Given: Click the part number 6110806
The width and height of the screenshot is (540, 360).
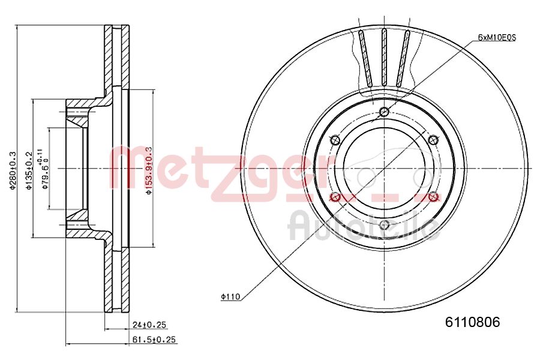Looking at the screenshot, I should click(x=472, y=322).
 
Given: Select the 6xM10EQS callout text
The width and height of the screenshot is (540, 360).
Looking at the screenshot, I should click(x=497, y=37).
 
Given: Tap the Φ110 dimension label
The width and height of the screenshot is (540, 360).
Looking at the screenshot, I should click(x=230, y=296).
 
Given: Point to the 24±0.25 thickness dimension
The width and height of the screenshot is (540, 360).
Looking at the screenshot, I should click(x=149, y=325).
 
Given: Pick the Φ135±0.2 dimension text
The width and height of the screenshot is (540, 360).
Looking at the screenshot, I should click(x=28, y=170).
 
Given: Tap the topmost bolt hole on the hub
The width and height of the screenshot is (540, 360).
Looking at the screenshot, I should click(x=385, y=112).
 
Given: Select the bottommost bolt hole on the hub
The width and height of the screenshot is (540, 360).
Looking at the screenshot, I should click(x=385, y=226).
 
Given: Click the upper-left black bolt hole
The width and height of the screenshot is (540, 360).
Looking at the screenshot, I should click(x=335, y=140).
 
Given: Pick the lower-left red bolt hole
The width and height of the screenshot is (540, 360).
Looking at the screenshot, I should click(x=335, y=197).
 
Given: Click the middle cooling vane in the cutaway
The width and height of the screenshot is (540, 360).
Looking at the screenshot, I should click(x=385, y=58).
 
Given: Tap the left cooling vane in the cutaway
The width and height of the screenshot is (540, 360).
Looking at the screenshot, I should click(x=364, y=58).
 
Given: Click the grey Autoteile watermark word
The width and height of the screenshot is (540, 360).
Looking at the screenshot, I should click(x=364, y=227).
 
